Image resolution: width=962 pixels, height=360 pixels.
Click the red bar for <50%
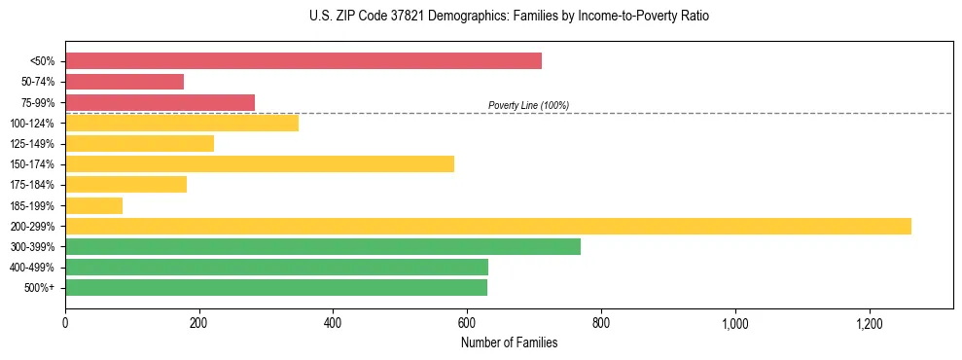(x=303, y=61)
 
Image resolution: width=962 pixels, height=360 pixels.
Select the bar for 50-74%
(x=125, y=82)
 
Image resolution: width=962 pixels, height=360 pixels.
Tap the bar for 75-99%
(x=160, y=102)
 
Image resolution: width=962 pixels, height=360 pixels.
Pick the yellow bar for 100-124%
(x=182, y=123)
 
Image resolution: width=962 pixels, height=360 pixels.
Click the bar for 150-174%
(x=260, y=163)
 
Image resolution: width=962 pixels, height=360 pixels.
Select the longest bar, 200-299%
(x=488, y=226)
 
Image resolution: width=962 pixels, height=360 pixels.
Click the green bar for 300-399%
(x=323, y=246)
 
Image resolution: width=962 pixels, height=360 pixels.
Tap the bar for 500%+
(x=276, y=287)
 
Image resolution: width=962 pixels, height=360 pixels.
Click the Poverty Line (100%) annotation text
(x=528, y=105)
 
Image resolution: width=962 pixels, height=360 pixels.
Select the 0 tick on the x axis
(x=65, y=323)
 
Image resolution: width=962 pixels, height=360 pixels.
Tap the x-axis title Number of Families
(x=509, y=342)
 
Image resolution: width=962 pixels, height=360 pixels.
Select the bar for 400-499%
(x=277, y=267)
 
